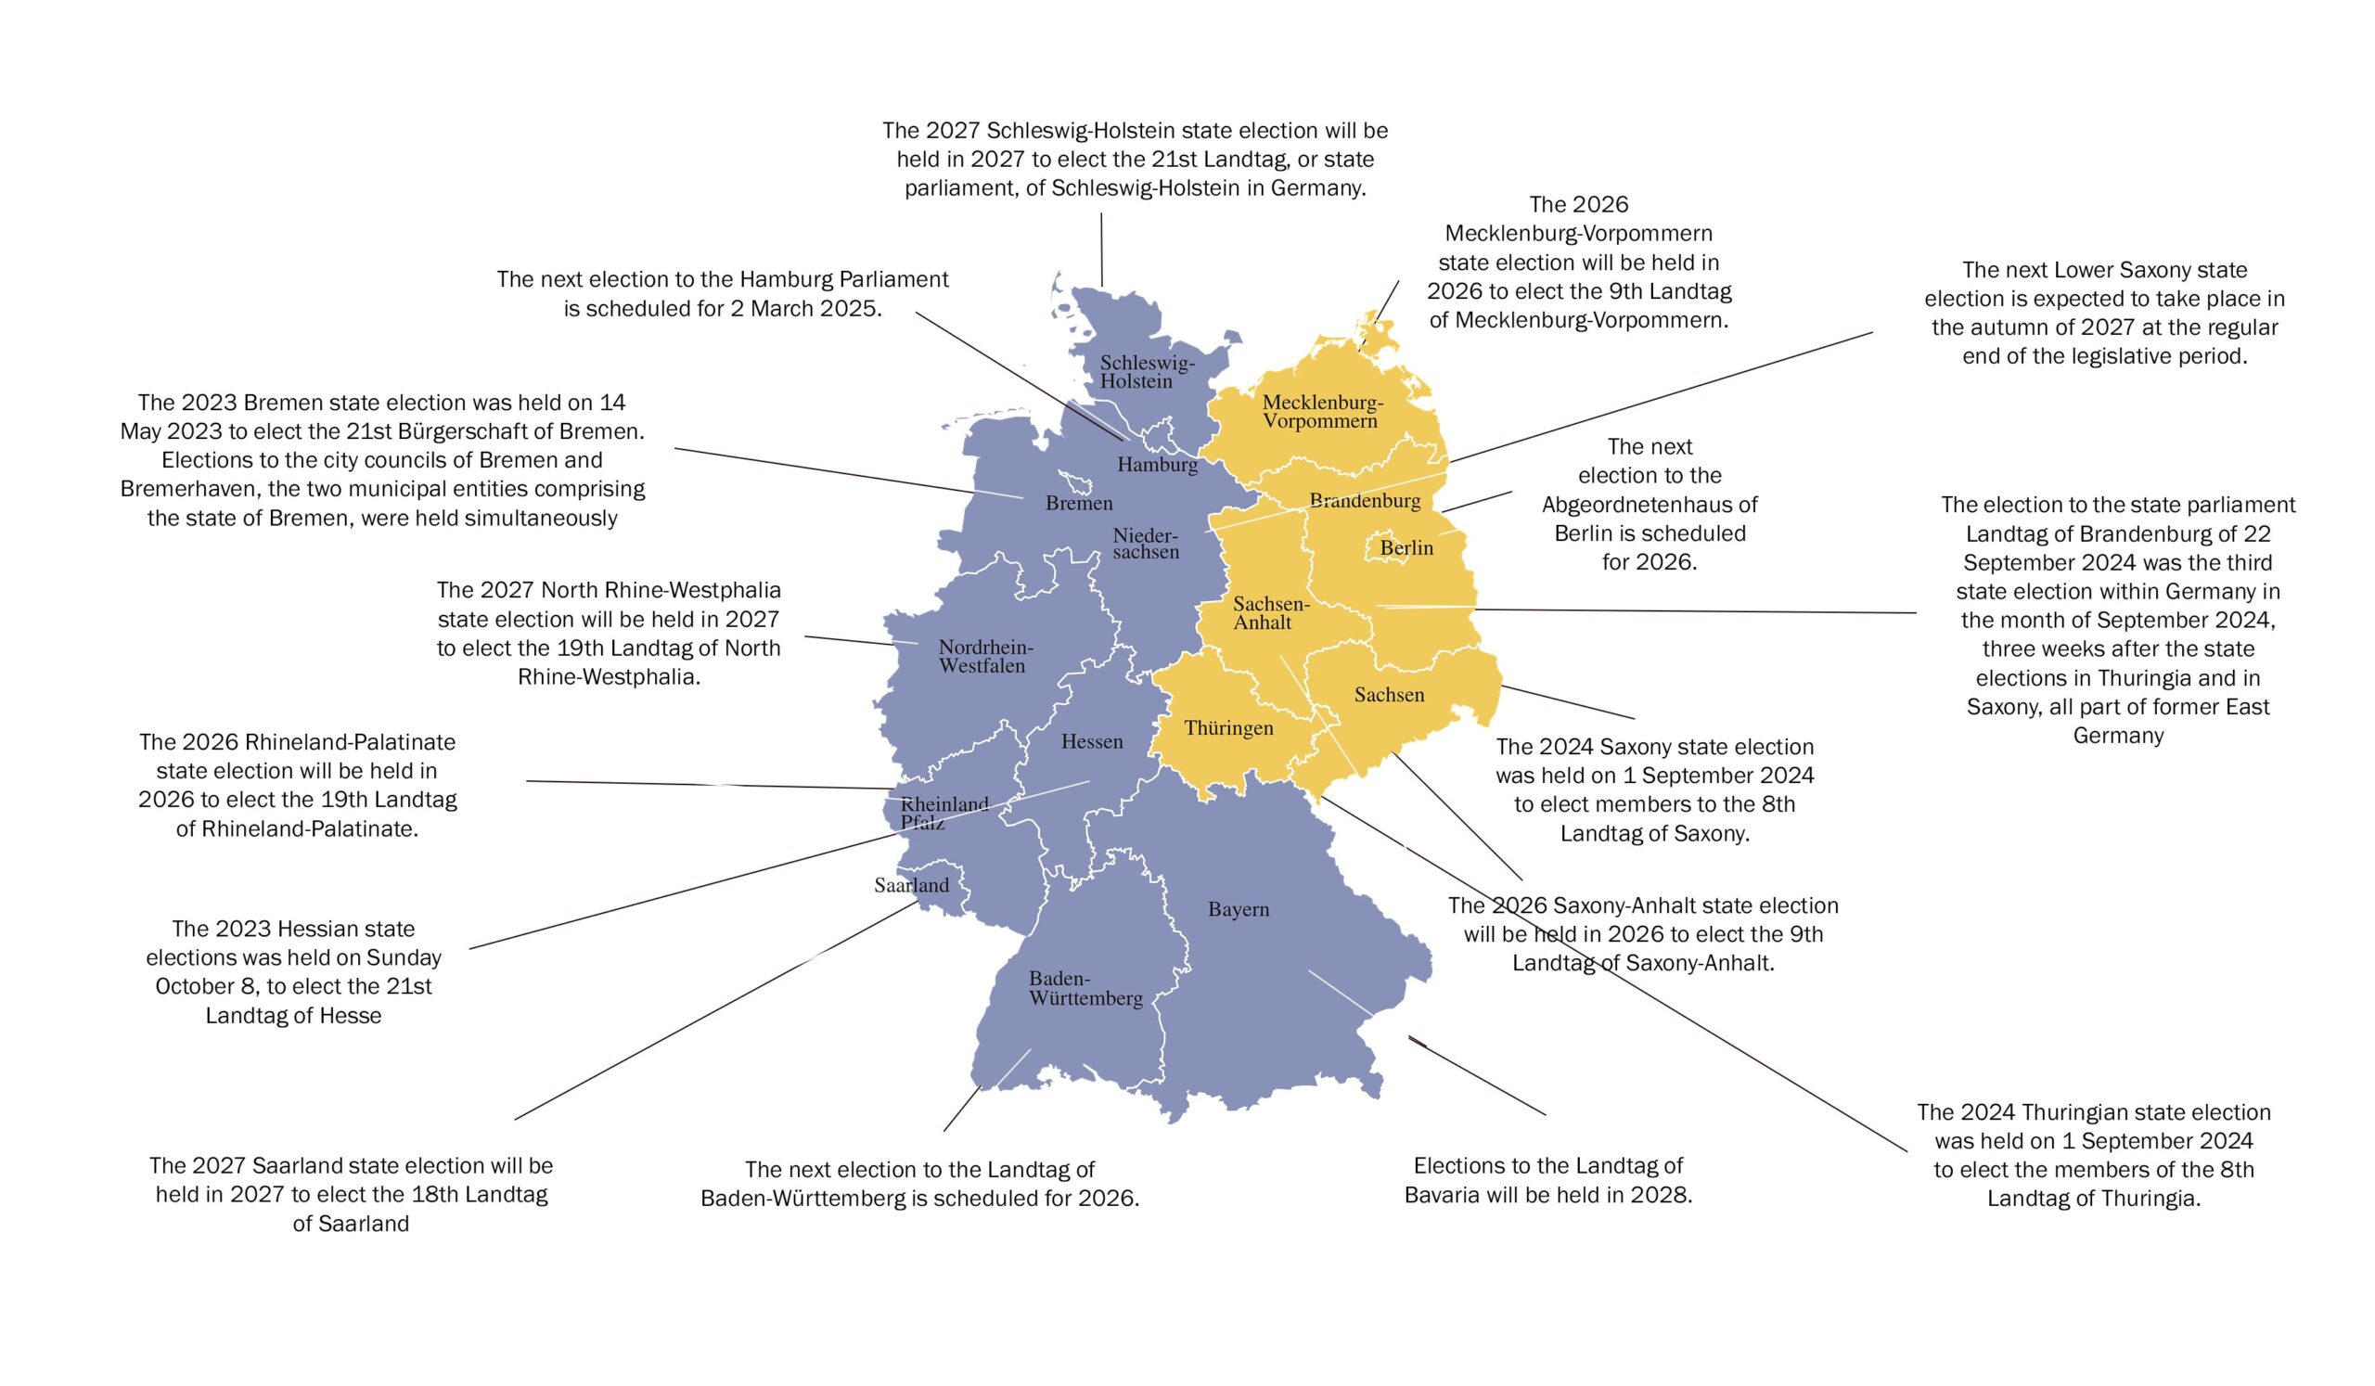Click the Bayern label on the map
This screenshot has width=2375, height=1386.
coord(1239,909)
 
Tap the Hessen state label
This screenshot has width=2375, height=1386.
coord(1091,741)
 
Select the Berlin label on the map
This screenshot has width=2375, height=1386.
coord(1406,547)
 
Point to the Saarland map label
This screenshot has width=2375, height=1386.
coord(910,885)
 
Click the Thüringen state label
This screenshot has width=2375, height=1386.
coord(1228,727)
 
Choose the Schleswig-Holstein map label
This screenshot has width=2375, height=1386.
coord(1146,372)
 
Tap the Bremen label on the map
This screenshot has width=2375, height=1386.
coord(1078,503)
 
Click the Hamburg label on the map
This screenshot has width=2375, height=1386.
coord(1157,465)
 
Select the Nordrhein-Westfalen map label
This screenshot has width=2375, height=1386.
coord(984,657)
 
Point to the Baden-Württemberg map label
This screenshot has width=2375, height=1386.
coord(1085,988)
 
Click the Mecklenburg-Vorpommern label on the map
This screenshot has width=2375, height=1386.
coord(1321,412)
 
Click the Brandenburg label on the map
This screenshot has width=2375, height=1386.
coord(1365,500)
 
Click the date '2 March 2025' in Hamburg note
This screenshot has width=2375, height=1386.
coord(805,309)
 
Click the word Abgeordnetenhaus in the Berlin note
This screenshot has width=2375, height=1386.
coord(1650,504)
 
